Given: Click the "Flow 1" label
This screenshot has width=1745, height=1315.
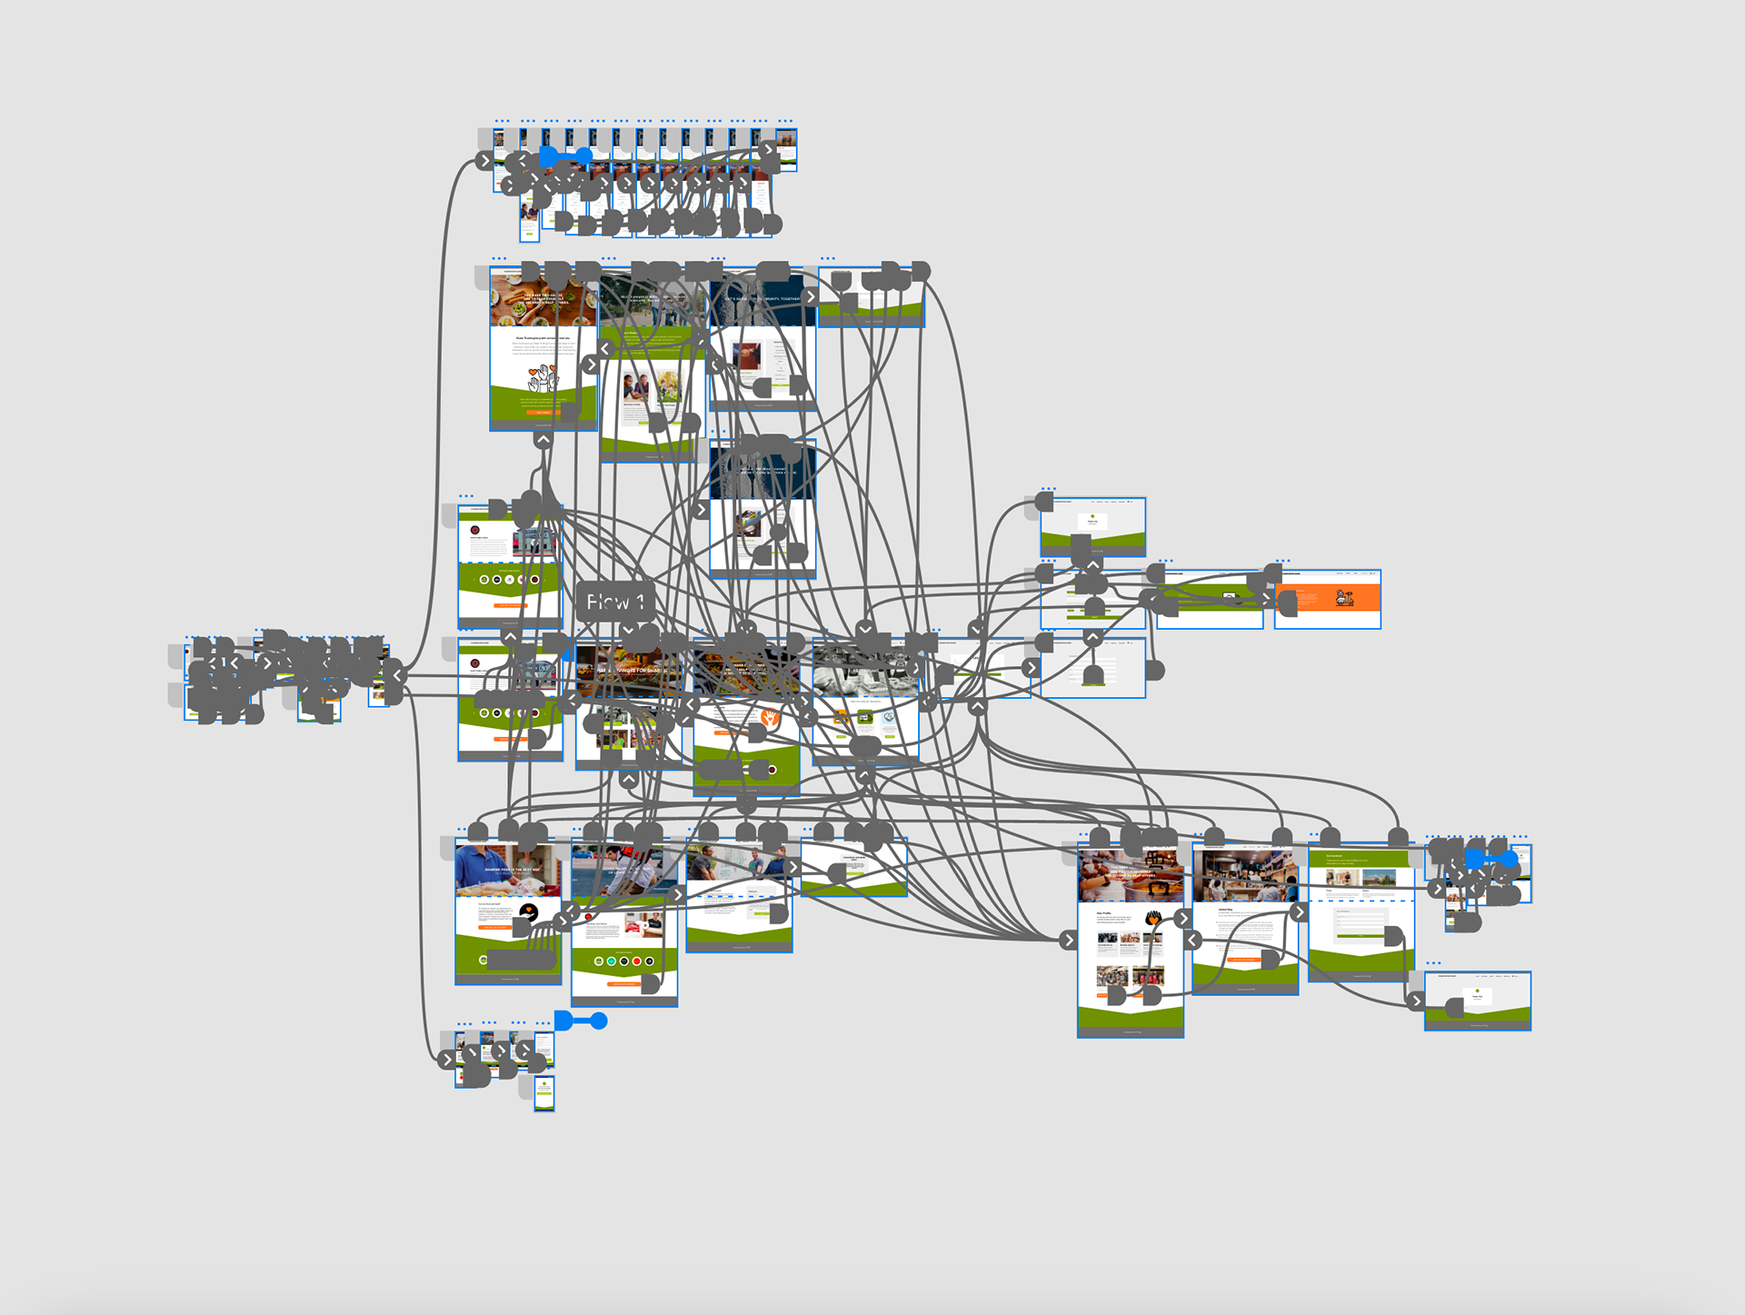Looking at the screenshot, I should pyautogui.click(x=615, y=602).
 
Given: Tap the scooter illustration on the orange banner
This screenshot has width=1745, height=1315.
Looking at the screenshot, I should pyautogui.click(x=1344, y=598).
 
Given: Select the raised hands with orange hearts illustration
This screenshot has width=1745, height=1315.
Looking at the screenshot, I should pyautogui.click(x=543, y=377).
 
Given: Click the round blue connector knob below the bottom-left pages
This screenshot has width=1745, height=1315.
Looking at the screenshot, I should pyautogui.click(x=599, y=1021).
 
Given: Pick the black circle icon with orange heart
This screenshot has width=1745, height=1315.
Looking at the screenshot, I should pyautogui.click(x=529, y=912).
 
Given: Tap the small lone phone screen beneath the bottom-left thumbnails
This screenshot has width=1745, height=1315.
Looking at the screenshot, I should pyautogui.click(x=543, y=1092).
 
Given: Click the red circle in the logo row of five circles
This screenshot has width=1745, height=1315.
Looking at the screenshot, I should pyautogui.click(x=636, y=961).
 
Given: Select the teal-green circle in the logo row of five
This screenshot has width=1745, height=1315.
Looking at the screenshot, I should pyautogui.click(x=612, y=961).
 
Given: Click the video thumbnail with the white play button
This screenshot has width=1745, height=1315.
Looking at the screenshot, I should pyautogui.click(x=1229, y=598).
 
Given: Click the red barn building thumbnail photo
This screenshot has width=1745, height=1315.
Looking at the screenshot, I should pyautogui.click(x=1379, y=879).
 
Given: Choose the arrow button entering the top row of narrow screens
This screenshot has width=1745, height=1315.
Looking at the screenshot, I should pyautogui.click(x=484, y=161).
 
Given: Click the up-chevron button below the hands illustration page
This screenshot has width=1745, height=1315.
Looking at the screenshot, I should pyautogui.click(x=543, y=440).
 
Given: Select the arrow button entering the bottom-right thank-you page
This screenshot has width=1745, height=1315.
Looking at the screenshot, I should pyautogui.click(x=1415, y=1001).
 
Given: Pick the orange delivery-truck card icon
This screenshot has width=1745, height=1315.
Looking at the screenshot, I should pyautogui.click(x=842, y=718).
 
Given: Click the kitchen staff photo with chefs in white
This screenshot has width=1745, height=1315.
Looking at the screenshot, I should pyautogui.click(x=1244, y=876).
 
